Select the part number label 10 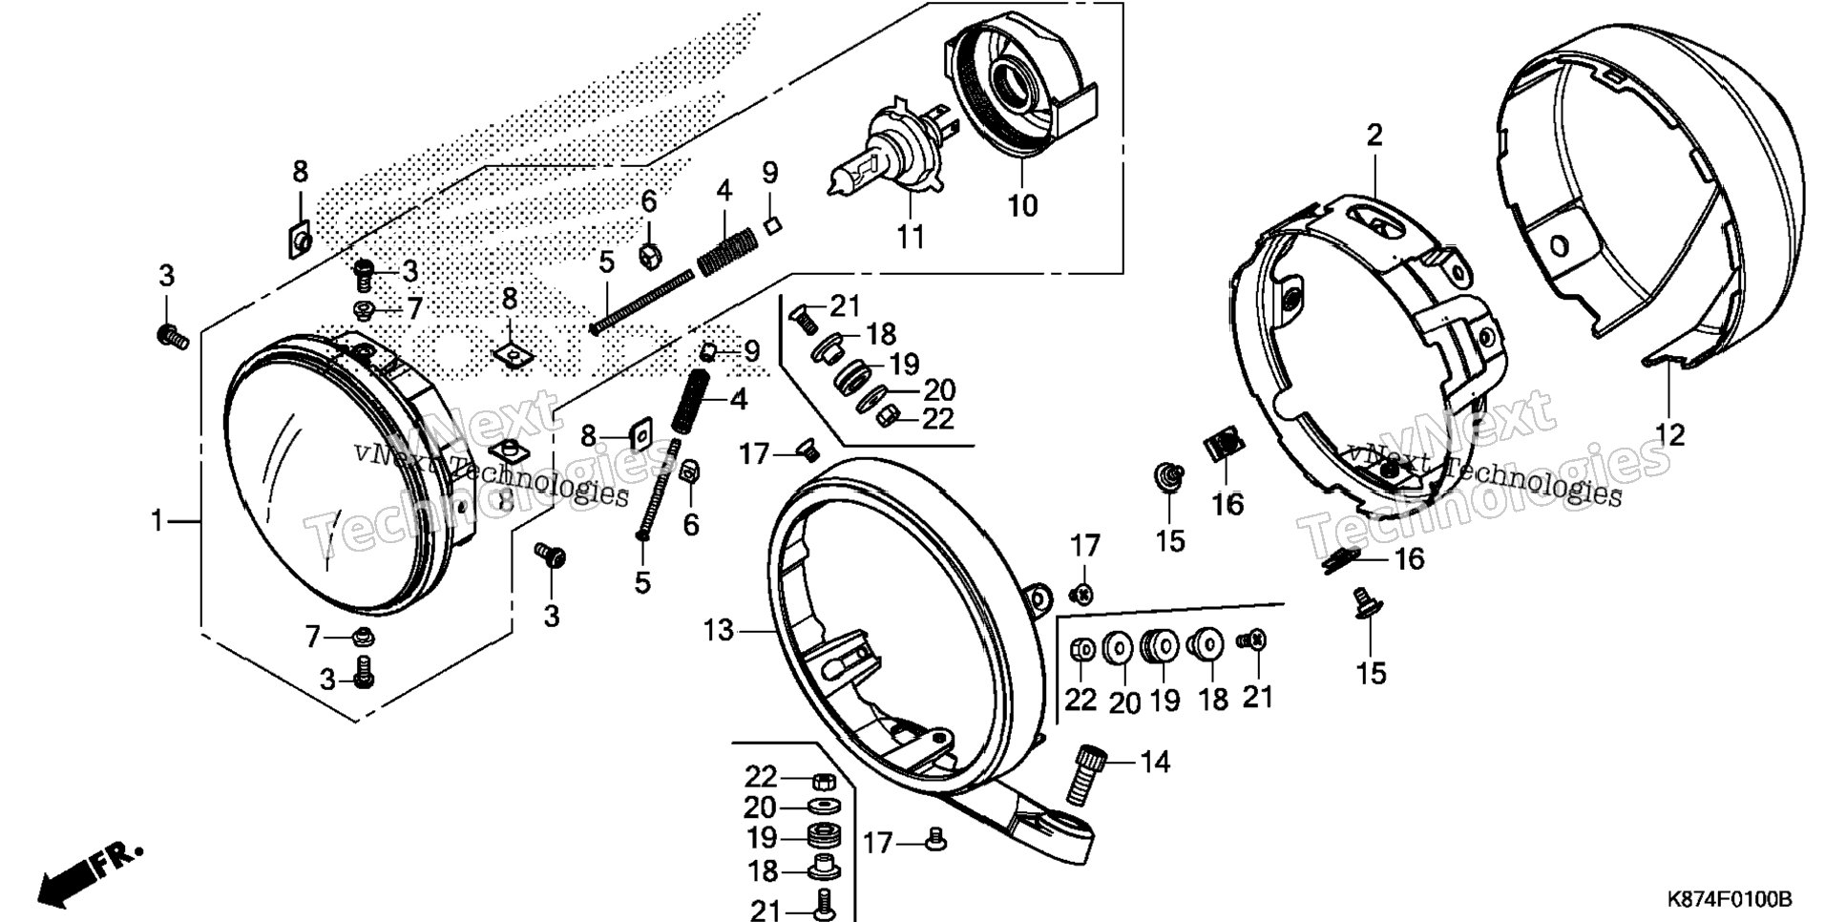pos(1022,204)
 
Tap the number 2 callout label pos(1374,135)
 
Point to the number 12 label pos(1669,434)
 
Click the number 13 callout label pos(720,630)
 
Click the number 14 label pos(1154,762)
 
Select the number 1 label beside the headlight pos(158,521)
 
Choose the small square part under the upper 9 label pos(773,225)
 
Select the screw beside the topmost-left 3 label pos(173,336)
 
